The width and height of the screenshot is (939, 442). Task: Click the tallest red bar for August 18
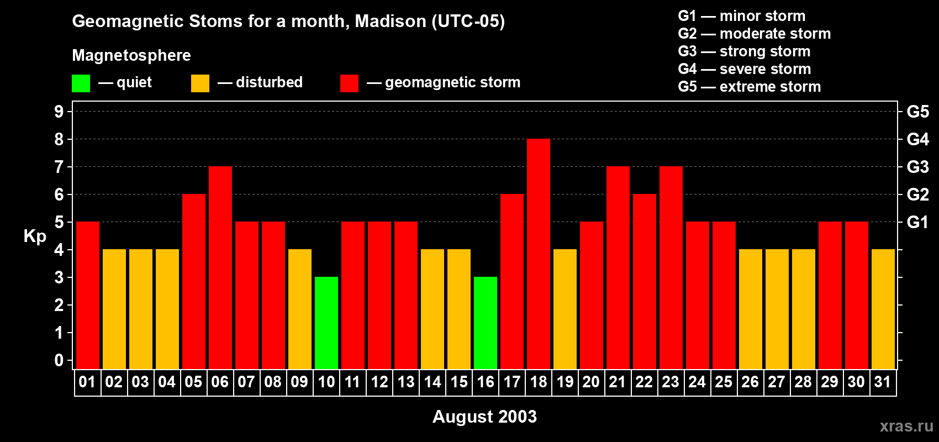(539, 254)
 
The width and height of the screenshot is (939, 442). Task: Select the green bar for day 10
(326, 323)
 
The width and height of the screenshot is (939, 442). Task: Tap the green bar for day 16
(486, 323)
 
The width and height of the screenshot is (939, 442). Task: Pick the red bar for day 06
(220, 268)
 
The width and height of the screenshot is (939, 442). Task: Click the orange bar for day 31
(883, 309)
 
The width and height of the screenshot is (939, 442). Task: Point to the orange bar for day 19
(565, 309)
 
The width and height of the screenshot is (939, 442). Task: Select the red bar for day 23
(671, 268)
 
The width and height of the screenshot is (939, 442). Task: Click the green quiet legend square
(81, 83)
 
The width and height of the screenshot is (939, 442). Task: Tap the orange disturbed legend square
(200, 83)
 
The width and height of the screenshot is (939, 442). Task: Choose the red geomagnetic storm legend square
(349, 83)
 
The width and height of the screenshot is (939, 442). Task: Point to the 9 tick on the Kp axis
(59, 112)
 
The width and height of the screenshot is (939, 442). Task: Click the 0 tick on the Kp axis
(59, 361)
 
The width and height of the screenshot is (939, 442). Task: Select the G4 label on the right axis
(917, 139)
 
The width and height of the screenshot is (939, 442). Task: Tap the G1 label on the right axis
(917, 222)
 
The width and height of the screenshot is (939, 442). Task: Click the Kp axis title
(35, 236)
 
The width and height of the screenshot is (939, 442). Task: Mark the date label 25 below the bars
(724, 382)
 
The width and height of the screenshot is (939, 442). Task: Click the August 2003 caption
(484, 417)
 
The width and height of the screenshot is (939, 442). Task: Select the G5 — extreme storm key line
(749, 87)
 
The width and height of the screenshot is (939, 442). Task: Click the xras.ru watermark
(906, 426)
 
